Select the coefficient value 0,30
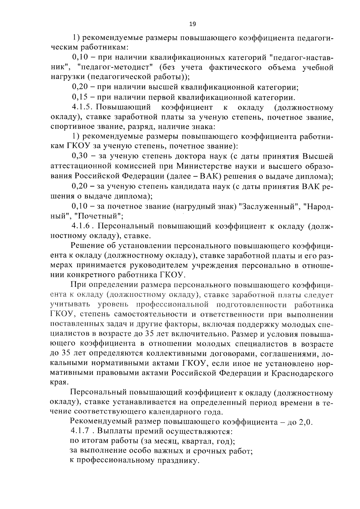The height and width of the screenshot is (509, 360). coord(79,156)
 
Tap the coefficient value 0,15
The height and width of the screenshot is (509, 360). coord(79,97)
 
